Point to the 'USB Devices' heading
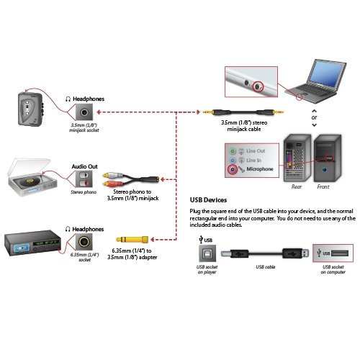[x=209, y=200]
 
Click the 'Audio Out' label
[x=84, y=166]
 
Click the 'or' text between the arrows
[x=314, y=116]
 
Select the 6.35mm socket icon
[x=85, y=243]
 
